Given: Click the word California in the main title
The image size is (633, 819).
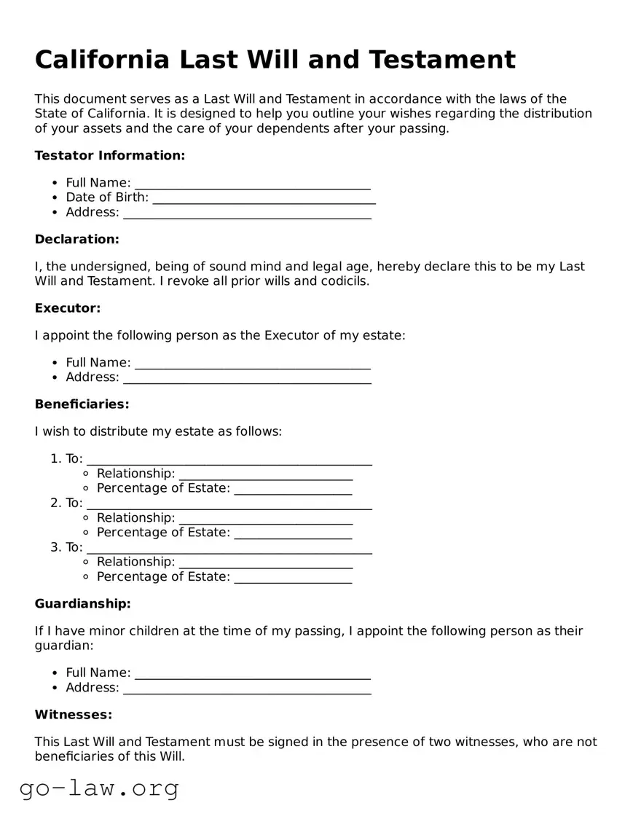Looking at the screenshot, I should coord(101,60).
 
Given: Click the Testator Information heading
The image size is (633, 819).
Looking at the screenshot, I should coord(110,155).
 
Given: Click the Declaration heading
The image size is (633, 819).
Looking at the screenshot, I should coord(76,239).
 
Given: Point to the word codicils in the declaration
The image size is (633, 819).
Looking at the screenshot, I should coord(345,281).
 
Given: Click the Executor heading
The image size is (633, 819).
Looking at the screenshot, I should coord(68,308).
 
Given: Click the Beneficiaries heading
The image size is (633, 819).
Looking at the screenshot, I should coord(82,404).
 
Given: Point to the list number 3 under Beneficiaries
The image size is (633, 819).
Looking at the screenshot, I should coord(55,547).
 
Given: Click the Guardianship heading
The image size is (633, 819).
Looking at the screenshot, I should coord(82,603).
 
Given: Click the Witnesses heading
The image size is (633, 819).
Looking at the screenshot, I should coord(73,715).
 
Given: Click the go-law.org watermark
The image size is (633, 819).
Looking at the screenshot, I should coord(99,788).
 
